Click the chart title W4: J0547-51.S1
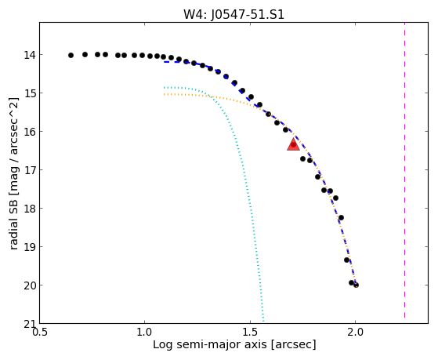[233, 14]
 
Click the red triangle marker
[293, 144]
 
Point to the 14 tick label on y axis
[30, 55]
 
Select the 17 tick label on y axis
[30, 170]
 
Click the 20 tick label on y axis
[30, 285]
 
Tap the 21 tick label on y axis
[30, 324]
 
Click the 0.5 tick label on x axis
[40, 333]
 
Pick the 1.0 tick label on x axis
[145, 333]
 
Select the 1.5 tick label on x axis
[250, 333]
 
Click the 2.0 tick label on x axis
[355, 333]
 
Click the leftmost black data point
[71, 56]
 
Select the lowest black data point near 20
[356, 285]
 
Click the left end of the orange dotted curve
[165, 95]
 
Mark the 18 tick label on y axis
[30, 209]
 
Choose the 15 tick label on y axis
[30, 93]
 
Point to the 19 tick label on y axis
[30, 247]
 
